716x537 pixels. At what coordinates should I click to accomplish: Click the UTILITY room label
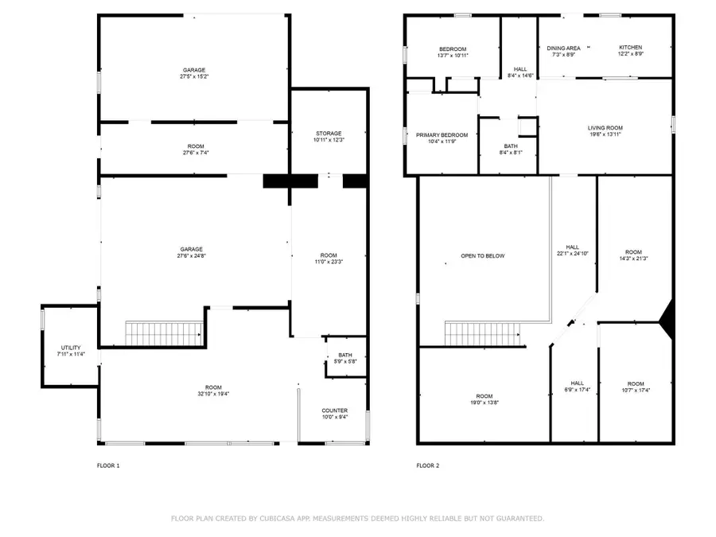click(x=71, y=348)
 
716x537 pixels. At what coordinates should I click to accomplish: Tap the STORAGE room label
click(x=328, y=133)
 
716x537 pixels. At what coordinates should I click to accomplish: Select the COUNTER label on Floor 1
click(x=334, y=411)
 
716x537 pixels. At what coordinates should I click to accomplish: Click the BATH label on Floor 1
click(x=345, y=355)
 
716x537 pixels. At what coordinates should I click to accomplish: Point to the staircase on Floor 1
click(x=165, y=333)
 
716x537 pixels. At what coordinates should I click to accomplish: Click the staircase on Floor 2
click(x=482, y=334)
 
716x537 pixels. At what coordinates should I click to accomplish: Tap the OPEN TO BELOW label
click(x=483, y=256)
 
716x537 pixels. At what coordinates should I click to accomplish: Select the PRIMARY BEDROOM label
click(x=442, y=135)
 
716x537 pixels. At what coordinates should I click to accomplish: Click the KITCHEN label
click(x=630, y=48)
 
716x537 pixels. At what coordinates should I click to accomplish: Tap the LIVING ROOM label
click(x=605, y=128)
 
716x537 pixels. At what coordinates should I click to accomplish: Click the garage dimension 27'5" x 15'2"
click(x=193, y=78)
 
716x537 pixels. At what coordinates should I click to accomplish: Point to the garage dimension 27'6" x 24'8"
click(x=191, y=256)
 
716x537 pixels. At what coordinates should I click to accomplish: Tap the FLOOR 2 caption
click(x=427, y=465)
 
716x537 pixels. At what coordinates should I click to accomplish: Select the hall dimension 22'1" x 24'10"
click(x=573, y=254)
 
